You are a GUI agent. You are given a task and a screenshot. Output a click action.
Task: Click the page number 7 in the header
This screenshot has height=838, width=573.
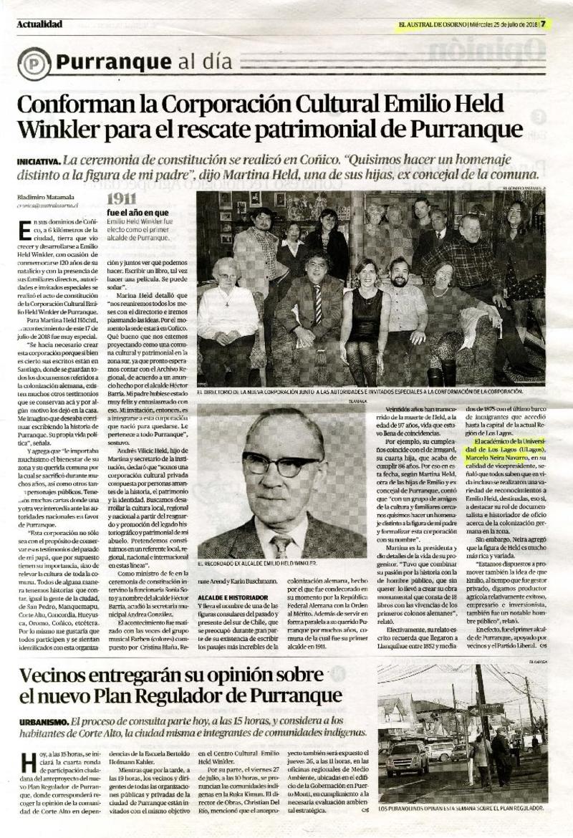click(x=543, y=24)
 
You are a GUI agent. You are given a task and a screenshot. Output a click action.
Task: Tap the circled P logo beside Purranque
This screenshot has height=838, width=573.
click(x=33, y=63)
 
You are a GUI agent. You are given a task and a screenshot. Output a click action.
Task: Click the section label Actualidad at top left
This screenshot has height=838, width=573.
click(x=39, y=24)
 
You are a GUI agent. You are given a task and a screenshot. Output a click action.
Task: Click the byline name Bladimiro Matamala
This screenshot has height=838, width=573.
click(x=47, y=197)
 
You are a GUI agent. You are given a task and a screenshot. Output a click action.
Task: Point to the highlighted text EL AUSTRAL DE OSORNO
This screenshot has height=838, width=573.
click(x=432, y=24)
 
